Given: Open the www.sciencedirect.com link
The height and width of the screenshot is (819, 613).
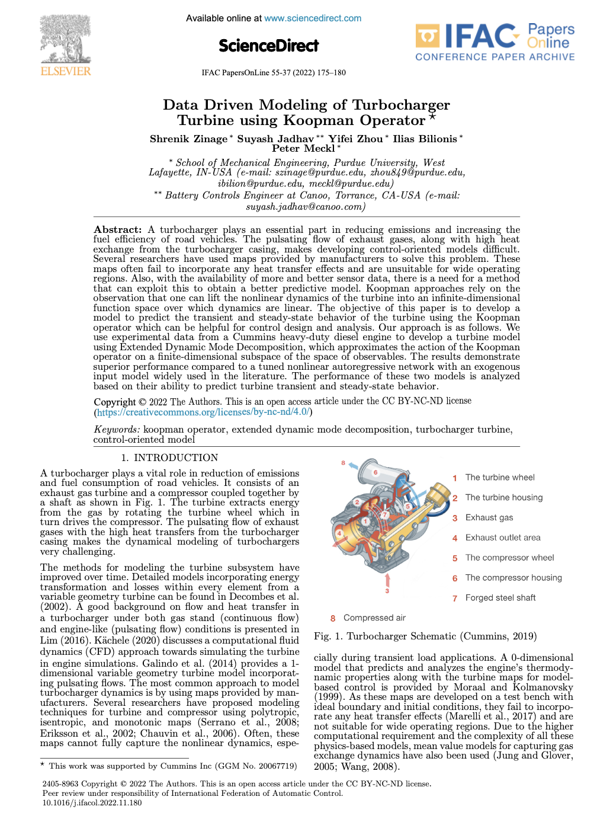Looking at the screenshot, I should tap(313, 18).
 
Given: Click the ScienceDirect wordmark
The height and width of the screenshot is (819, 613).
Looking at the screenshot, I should tap(268, 46).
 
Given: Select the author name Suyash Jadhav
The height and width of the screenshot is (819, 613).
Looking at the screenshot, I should tap(275, 139).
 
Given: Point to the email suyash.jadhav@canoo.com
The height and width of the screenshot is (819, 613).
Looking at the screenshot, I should tap(306, 207).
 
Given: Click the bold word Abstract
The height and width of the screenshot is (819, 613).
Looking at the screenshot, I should tap(117, 230).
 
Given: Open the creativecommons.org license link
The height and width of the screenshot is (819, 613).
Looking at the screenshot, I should tap(203, 412).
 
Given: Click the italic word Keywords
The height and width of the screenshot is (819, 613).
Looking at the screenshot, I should tap(117, 430).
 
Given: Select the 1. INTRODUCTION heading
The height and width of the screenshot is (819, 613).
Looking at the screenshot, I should tap(169, 458).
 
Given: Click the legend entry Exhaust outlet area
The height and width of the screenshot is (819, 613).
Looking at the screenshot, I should tap(503, 538).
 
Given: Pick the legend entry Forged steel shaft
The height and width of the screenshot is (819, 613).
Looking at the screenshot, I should tap(500, 598).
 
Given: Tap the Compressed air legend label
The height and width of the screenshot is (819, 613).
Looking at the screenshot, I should tap(374, 618).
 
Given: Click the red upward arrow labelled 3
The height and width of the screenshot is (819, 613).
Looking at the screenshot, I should tap(387, 579).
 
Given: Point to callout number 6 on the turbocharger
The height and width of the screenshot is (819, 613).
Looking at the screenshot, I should tap(375, 472).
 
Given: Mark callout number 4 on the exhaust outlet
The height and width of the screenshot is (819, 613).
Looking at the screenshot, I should tap(339, 533).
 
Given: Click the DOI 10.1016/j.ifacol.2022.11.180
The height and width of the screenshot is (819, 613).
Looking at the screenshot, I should tap(92, 803).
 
